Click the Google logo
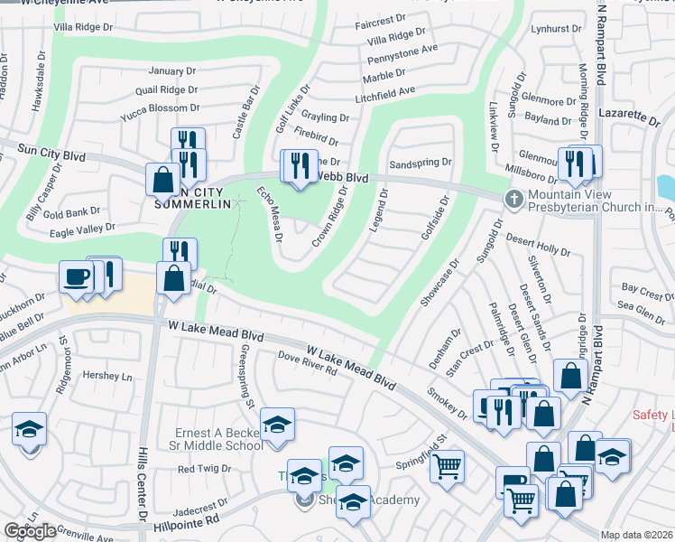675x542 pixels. point(30,531)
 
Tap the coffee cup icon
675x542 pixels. point(76,276)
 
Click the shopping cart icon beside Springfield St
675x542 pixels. point(447,467)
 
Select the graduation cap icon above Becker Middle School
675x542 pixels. point(277,425)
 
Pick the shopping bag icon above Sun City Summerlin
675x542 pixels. point(163,179)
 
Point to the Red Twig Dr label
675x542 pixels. point(205,469)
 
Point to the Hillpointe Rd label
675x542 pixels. point(187,521)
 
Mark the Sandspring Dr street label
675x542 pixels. point(420,164)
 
